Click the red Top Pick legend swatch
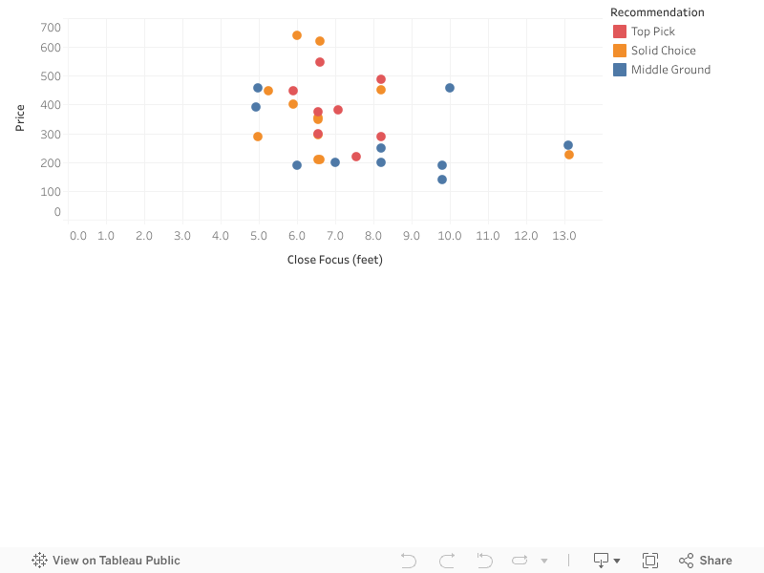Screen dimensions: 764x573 [619, 32]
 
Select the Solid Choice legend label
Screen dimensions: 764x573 [663, 51]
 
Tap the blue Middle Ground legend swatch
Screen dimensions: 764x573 [619, 70]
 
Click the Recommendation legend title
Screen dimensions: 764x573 [657, 12]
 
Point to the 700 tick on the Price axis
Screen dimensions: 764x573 [51, 28]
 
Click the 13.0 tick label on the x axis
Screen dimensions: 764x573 [564, 236]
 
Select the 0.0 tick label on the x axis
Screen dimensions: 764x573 [78, 236]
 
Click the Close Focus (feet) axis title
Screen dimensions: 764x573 [335, 260]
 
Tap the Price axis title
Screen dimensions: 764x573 [19, 117]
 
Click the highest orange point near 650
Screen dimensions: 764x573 [297, 35]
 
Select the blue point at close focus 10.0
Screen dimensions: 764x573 [450, 88]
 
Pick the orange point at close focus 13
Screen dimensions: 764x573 [569, 155]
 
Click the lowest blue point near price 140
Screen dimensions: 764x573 [442, 180]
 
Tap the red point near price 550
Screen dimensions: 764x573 [320, 62]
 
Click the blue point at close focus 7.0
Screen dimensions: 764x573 [335, 162]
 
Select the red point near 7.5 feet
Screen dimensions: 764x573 [356, 157]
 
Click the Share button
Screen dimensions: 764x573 [705, 561]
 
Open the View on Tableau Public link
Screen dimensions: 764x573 [106, 561]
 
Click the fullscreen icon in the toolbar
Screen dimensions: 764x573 [650, 561]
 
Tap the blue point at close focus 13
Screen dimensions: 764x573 [568, 145]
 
